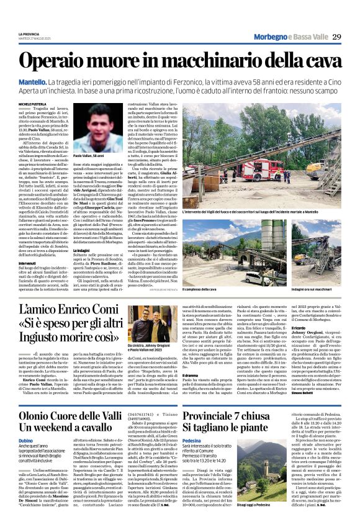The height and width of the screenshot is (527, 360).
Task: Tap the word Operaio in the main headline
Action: coord(60,61)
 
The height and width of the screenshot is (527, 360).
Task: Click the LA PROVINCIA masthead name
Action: coord(28,34)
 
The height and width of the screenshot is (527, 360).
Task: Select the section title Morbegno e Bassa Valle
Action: coord(289,37)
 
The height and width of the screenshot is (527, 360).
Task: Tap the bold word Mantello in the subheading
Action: coord(33,83)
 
